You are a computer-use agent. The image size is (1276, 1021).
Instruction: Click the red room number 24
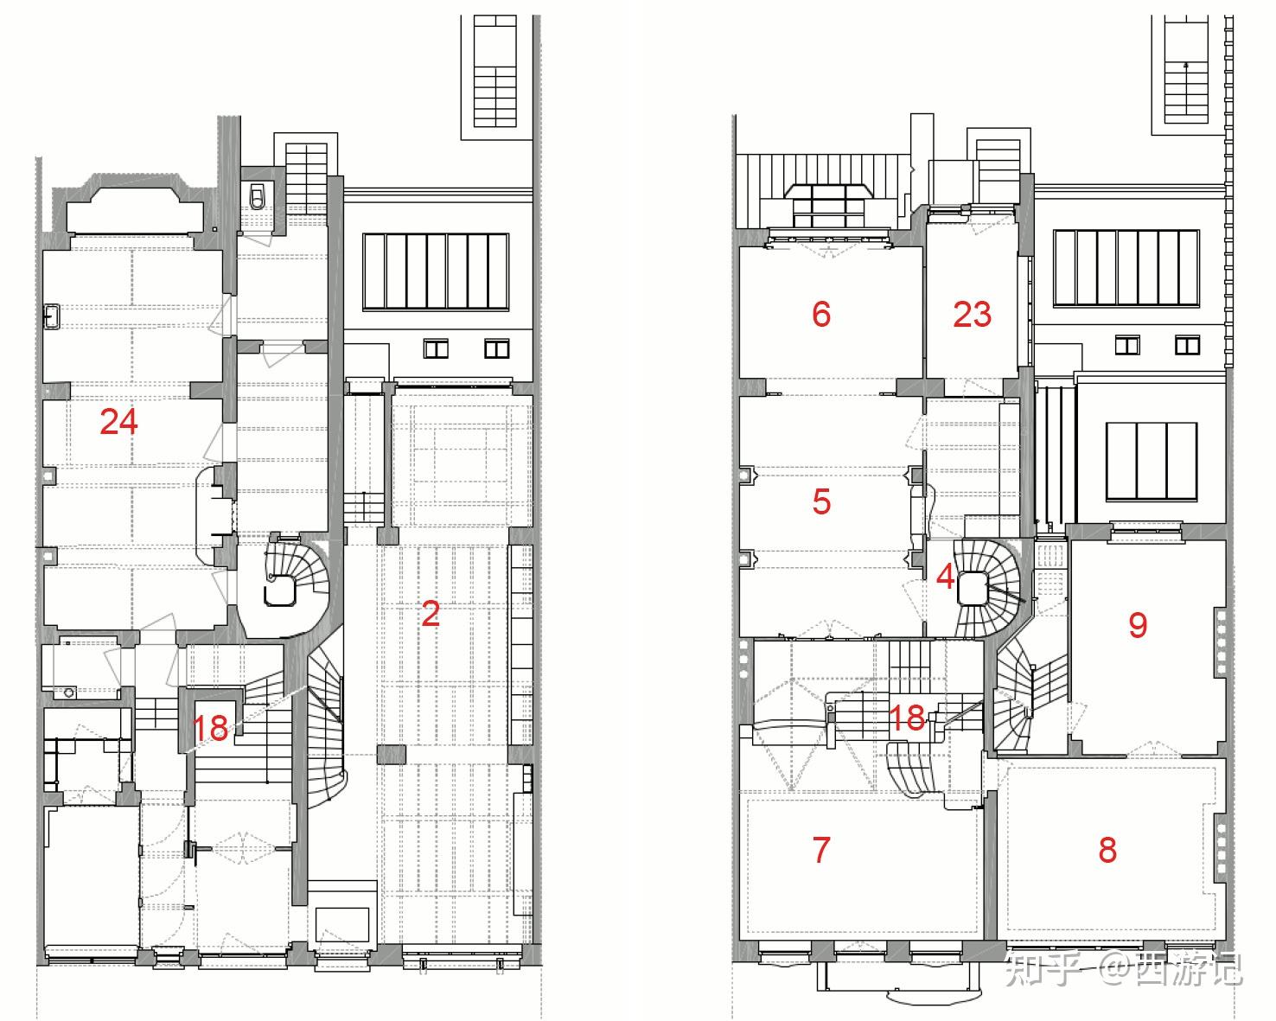(x=118, y=422)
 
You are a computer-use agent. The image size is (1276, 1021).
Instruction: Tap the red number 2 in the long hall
(x=431, y=614)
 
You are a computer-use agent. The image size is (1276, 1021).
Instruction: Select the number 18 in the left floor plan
(x=210, y=728)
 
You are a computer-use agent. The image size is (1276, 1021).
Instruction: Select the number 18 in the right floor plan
(x=907, y=718)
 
